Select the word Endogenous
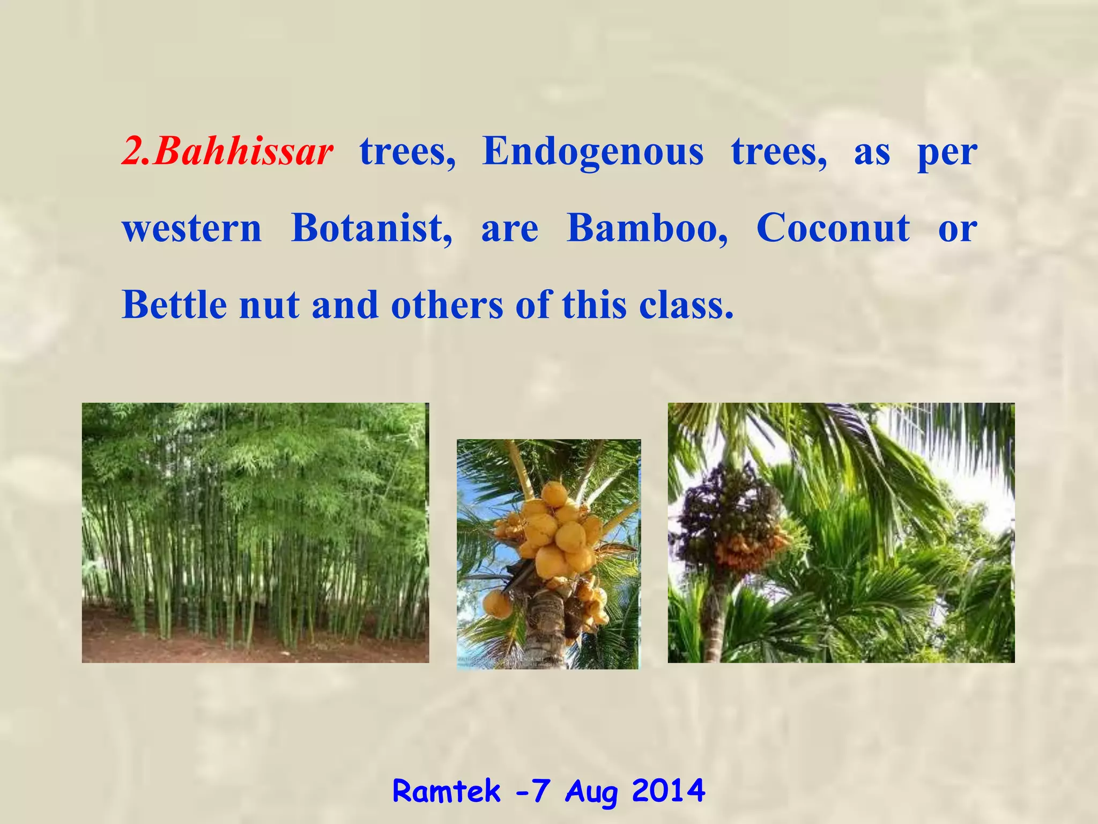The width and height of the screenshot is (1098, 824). (592, 152)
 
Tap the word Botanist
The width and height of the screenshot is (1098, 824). (371, 229)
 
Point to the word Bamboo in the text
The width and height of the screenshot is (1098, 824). (647, 229)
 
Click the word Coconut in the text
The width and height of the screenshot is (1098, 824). (833, 229)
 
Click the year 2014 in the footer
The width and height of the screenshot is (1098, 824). (668, 791)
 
